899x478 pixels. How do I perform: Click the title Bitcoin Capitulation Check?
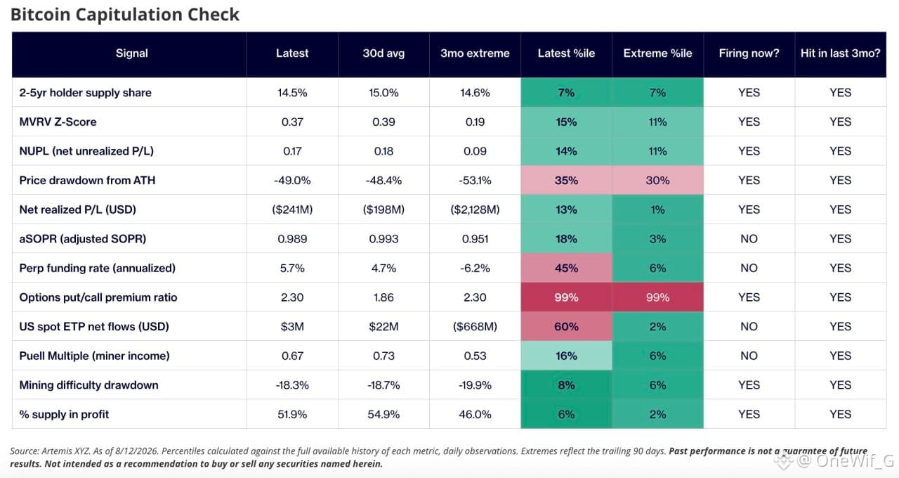[125, 15]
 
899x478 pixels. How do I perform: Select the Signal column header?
[131, 53]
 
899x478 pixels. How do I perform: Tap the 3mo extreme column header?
[475, 53]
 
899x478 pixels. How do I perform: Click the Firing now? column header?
[749, 53]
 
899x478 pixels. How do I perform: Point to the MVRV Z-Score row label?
[58, 122]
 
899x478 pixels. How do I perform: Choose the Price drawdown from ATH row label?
[87, 181]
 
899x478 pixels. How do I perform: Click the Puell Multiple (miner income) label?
[94, 356]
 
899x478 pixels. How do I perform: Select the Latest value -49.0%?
[292, 181]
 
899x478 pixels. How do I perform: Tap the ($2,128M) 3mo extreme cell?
[475, 209]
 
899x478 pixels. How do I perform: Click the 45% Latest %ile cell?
[566, 268]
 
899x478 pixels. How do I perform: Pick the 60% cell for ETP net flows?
[566, 327]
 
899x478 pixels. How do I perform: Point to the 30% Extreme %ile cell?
[658, 181]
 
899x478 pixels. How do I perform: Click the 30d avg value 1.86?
[383, 297]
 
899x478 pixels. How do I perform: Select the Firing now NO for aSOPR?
[749, 239]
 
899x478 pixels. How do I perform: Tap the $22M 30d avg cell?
[383, 327]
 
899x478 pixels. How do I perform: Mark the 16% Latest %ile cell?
[566, 356]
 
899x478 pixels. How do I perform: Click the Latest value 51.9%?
[292, 415]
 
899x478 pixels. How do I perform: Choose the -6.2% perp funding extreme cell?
[475, 268]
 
